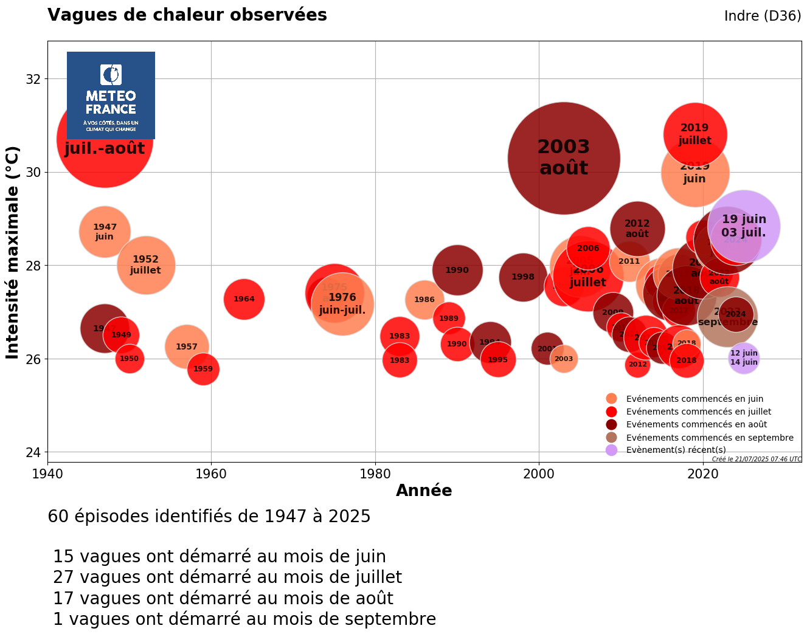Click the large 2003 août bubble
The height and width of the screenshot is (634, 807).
pyautogui.click(x=564, y=158)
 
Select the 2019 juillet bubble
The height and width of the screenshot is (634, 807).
pyautogui.click(x=694, y=134)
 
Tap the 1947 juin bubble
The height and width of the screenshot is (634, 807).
pyautogui.click(x=105, y=232)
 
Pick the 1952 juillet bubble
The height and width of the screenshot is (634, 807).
pyautogui.click(x=145, y=265)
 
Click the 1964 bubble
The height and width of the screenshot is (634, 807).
pyautogui.click(x=244, y=299)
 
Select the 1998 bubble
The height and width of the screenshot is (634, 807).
pyautogui.click(x=522, y=277)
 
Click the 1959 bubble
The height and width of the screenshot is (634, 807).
pyautogui.click(x=203, y=369)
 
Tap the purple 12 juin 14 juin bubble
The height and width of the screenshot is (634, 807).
pyautogui.click(x=744, y=358)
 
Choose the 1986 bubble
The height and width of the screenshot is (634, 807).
pyautogui.click(x=424, y=300)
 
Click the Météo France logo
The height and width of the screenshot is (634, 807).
pyautogui.click(x=111, y=95)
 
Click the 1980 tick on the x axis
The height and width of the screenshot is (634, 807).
pyautogui.click(x=375, y=474)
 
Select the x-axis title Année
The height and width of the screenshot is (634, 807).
pyautogui.click(x=424, y=491)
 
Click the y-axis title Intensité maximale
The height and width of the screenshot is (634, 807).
pyautogui.click(x=13, y=252)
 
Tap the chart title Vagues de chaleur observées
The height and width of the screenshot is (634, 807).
pyautogui.click(x=187, y=15)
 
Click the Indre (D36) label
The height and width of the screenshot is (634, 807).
pyautogui.click(x=762, y=16)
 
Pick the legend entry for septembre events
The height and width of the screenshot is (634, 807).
pyautogui.click(x=709, y=438)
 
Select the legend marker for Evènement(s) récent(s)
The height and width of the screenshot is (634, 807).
pyautogui.click(x=612, y=450)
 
